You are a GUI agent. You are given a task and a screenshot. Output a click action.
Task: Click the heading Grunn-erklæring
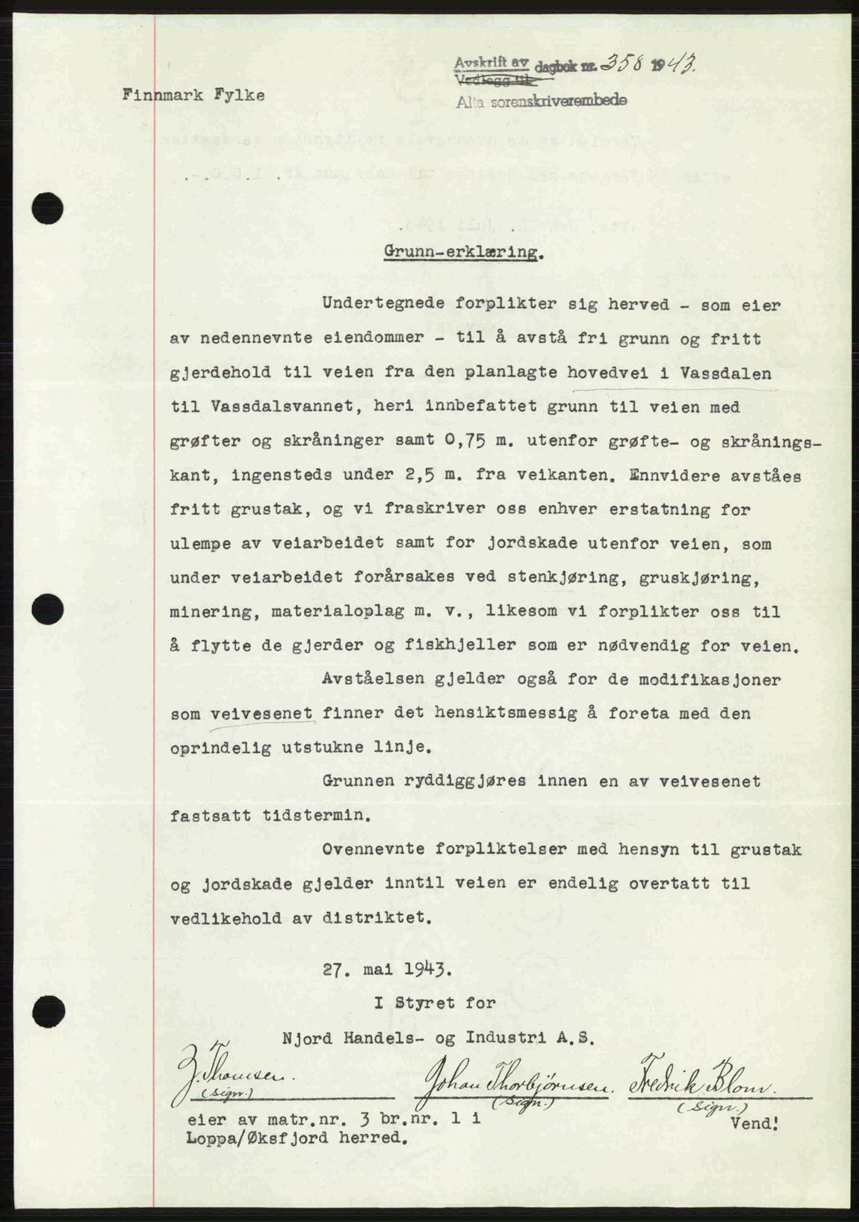click(x=462, y=252)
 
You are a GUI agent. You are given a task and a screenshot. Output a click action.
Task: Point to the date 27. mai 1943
click(x=387, y=970)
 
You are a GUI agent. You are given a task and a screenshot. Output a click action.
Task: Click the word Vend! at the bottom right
click(x=757, y=1123)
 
